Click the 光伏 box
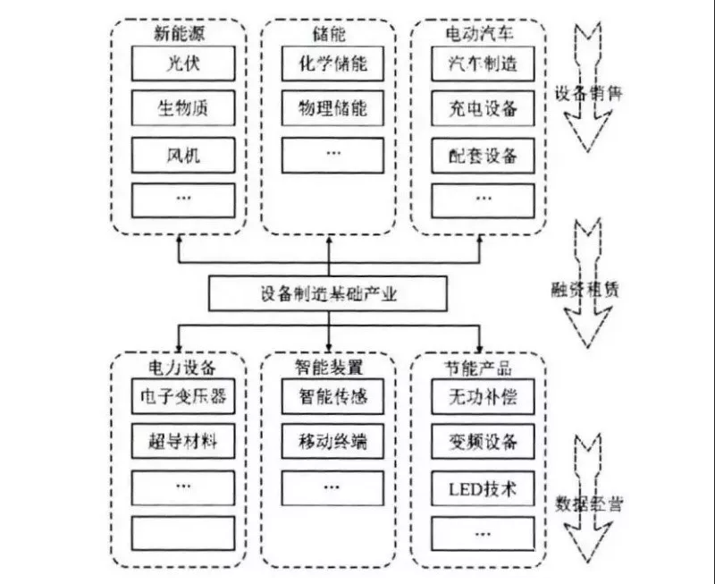[x=184, y=63]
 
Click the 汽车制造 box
[x=483, y=63]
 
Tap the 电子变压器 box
[x=184, y=395]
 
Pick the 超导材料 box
[x=184, y=441]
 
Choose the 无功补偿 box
[x=483, y=395]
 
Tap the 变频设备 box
[x=483, y=441]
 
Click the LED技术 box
[x=483, y=488]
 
